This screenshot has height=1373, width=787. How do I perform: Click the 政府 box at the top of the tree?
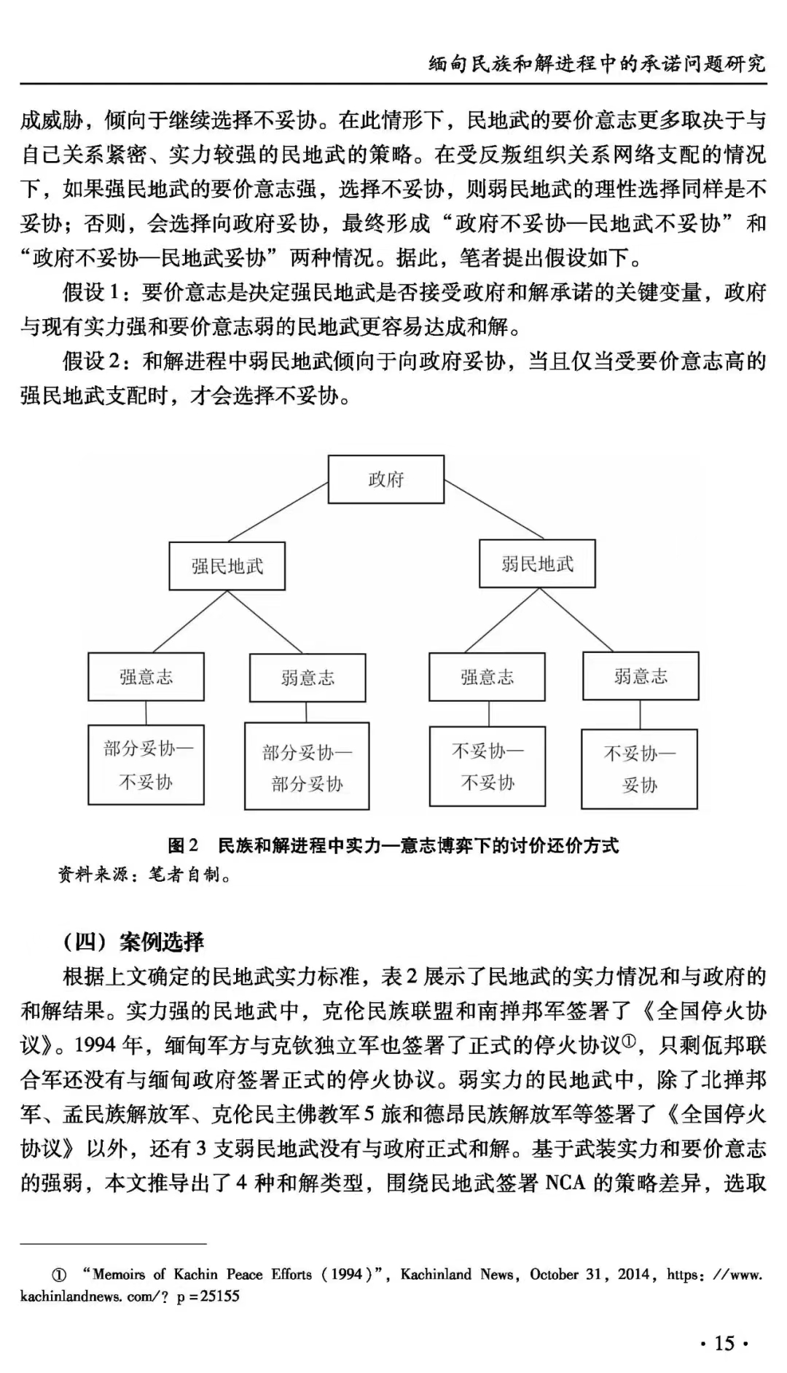pyautogui.click(x=385, y=480)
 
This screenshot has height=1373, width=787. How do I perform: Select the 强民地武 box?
pyautogui.click(x=227, y=566)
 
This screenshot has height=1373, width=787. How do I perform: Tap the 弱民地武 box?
pyautogui.click(x=537, y=563)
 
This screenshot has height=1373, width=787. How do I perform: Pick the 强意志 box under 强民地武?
pyautogui.click(x=146, y=677)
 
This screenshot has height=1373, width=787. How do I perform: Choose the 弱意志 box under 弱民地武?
pyautogui.click(x=641, y=676)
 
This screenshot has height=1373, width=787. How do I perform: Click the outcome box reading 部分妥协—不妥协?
pyautogui.click(x=146, y=764)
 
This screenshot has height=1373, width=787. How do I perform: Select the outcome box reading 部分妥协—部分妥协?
pyautogui.click(x=307, y=767)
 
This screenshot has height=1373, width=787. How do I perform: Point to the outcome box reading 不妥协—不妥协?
pyautogui.click(x=487, y=767)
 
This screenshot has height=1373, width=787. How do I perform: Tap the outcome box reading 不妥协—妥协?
pyautogui.click(x=639, y=769)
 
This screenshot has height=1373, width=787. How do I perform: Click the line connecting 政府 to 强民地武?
pyautogui.click(x=277, y=512)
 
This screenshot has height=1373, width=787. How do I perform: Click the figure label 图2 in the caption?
pyautogui.click(x=183, y=845)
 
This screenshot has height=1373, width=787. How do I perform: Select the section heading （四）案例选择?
pyautogui.click(x=134, y=942)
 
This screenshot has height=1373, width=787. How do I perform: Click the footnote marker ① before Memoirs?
pyautogui.click(x=59, y=1275)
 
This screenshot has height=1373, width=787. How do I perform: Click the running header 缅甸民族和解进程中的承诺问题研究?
pyautogui.click(x=597, y=63)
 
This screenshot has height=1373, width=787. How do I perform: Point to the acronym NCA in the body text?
pyautogui.click(x=565, y=1182)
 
